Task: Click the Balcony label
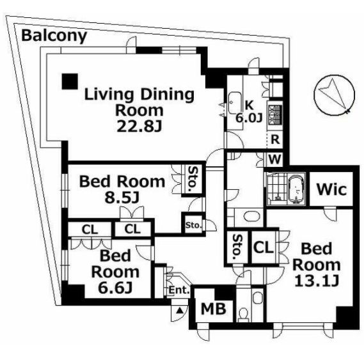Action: tap(54, 36)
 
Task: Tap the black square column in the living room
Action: tap(70, 81)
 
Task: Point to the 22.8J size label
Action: tap(139, 127)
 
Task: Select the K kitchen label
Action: tap(249, 106)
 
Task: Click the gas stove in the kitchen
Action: tap(275, 114)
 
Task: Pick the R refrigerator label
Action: tap(275, 139)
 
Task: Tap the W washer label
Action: tap(275, 159)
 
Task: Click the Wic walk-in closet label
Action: tap(331, 189)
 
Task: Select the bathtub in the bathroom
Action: tap(296, 189)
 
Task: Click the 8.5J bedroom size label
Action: tap(122, 198)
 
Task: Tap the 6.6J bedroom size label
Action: tap(115, 287)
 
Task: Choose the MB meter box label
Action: tap(214, 309)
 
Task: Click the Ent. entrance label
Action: tap(179, 290)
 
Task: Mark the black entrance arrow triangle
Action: tap(179, 310)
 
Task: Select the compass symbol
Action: tap(335, 95)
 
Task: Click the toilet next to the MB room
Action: tap(244, 314)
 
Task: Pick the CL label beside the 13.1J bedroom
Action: tap(263, 247)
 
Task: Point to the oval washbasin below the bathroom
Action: tap(252, 217)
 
